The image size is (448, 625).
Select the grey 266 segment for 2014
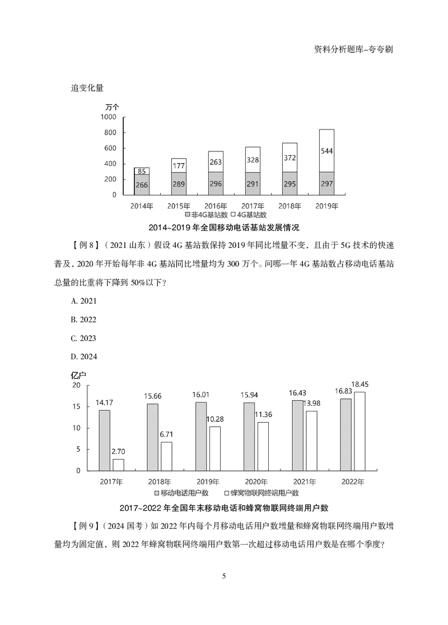pyautogui.click(x=142, y=184)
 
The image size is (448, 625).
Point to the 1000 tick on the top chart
pyautogui.click(x=108, y=117)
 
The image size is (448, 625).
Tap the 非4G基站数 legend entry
pyautogui.click(x=207, y=214)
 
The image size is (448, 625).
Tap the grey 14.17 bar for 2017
pyautogui.click(x=105, y=440)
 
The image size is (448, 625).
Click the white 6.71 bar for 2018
pyautogui.click(x=166, y=456)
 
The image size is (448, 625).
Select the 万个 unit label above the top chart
pyautogui.click(x=112, y=106)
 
